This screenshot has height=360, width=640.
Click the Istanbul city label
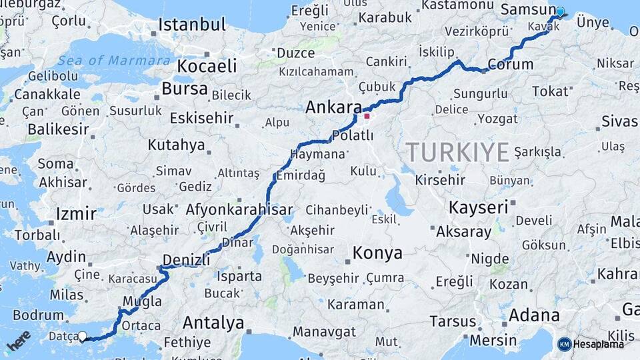click(x=192, y=25)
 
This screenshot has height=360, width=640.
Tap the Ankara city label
click(x=333, y=107)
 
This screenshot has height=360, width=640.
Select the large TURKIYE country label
click(x=458, y=152)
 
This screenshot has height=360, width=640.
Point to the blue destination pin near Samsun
click(x=560, y=11)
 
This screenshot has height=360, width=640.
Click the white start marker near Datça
click(x=83, y=337)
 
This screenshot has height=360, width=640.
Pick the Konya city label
click(x=377, y=253)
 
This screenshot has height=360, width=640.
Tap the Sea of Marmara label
click(x=113, y=61)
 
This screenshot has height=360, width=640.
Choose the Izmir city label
click(x=76, y=214)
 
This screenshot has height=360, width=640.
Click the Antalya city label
click(x=213, y=323)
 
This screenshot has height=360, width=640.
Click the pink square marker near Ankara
click(x=367, y=116)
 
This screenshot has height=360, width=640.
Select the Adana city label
click(x=534, y=315)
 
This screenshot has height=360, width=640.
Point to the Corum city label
click(x=511, y=65)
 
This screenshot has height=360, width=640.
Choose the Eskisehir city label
click(x=201, y=119)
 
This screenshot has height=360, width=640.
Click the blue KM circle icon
click(x=564, y=344)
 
